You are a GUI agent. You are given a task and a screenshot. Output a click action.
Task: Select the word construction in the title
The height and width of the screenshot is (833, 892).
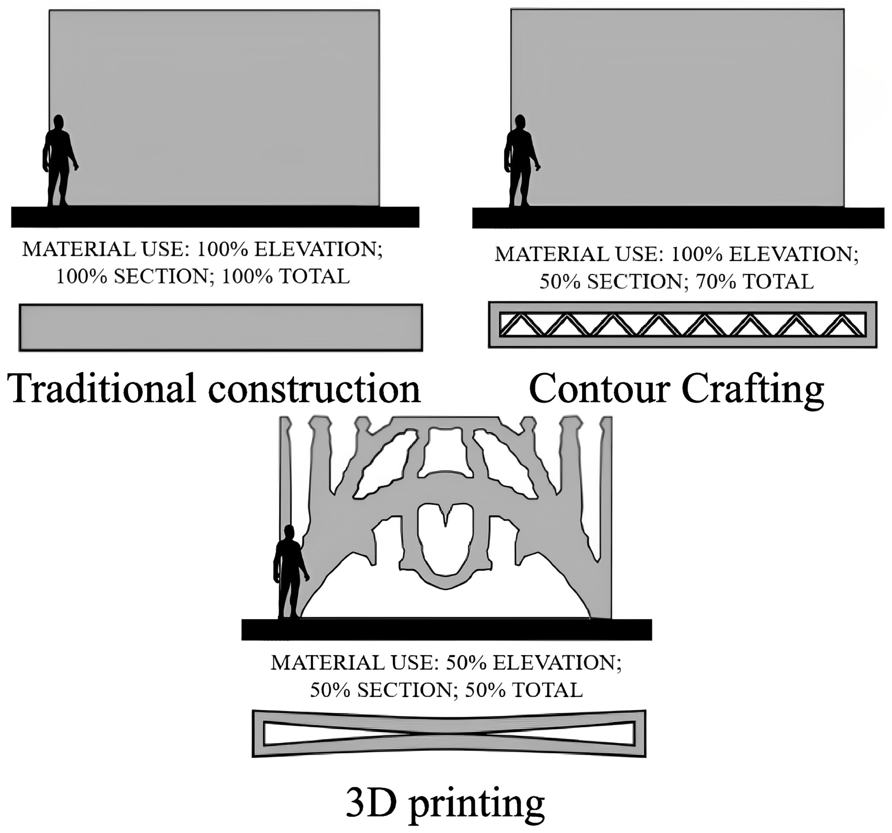pyautogui.click(x=314, y=388)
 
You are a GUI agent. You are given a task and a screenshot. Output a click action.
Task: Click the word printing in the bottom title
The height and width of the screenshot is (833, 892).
pyautogui.click(x=476, y=804)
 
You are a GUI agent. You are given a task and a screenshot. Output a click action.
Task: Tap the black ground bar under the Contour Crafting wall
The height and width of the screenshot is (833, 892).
pyautogui.click(x=677, y=218)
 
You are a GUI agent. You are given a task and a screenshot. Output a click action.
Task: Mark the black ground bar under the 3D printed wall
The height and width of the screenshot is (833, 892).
pyautogui.click(x=447, y=629)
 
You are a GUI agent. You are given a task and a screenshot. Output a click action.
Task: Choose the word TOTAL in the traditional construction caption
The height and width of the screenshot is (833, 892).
pyautogui.click(x=314, y=277)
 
